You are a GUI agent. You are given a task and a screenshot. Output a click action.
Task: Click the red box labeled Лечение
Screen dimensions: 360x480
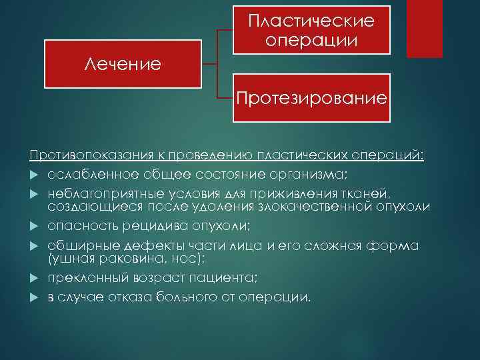pyautogui.click(x=123, y=65)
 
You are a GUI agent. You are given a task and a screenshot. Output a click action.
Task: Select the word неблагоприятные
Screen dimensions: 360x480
pyautogui.click(x=97, y=193)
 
